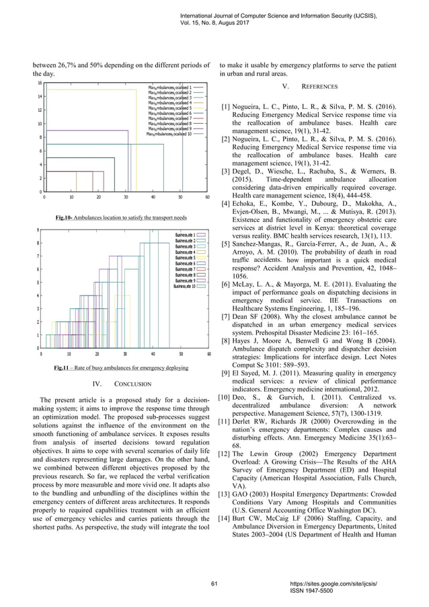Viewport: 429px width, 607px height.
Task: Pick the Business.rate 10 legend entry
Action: tap(184, 287)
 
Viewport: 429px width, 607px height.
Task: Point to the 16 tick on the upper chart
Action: tap(40, 83)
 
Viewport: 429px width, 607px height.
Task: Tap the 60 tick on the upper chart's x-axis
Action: tap(208, 198)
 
